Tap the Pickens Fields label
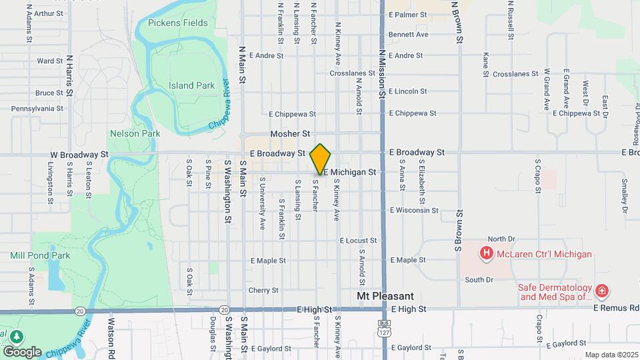click(x=178, y=23)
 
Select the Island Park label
click(x=191, y=85)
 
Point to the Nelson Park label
click(x=135, y=133)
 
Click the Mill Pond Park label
click(x=40, y=255)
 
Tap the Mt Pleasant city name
click(x=385, y=296)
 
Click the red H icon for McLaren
click(x=487, y=253)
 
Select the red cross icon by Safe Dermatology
click(x=602, y=291)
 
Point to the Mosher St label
click(x=290, y=134)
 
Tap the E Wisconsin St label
click(x=414, y=211)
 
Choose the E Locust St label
click(x=358, y=240)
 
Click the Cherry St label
click(x=263, y=290)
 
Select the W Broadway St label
click(x=79, y=154)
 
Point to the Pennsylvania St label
click(x=37, y=108)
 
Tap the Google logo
click(x=22, y=351)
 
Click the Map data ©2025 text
click(x=611, y=355)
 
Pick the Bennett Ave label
click(x=408, y=35)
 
